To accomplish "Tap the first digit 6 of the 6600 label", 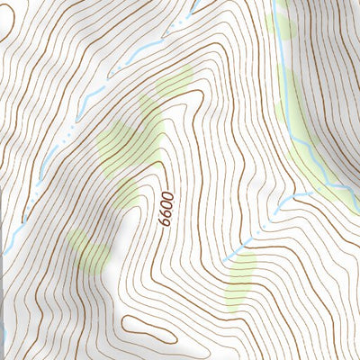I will coord(164,221).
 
